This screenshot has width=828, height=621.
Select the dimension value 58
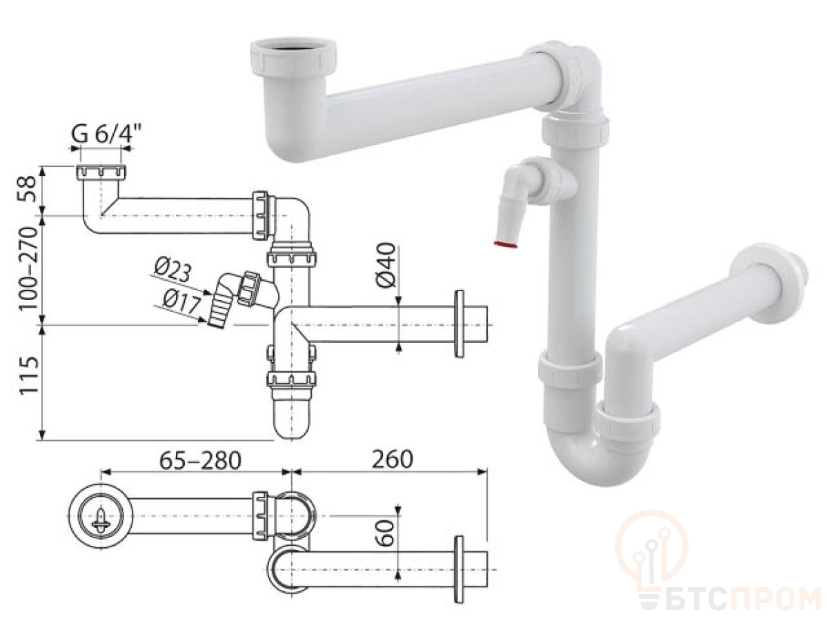tap(28, 190)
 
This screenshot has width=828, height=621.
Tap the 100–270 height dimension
tap(28, 268)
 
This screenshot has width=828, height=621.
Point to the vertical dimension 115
tap(29, 375)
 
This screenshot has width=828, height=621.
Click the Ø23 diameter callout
tap(172, 270)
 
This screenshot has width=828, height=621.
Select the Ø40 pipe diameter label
tap(386, 265)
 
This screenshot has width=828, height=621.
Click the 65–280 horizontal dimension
tap(200, 460)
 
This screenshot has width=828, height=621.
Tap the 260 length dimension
tap(393, 460)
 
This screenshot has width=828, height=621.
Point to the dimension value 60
tap(386, 533)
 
